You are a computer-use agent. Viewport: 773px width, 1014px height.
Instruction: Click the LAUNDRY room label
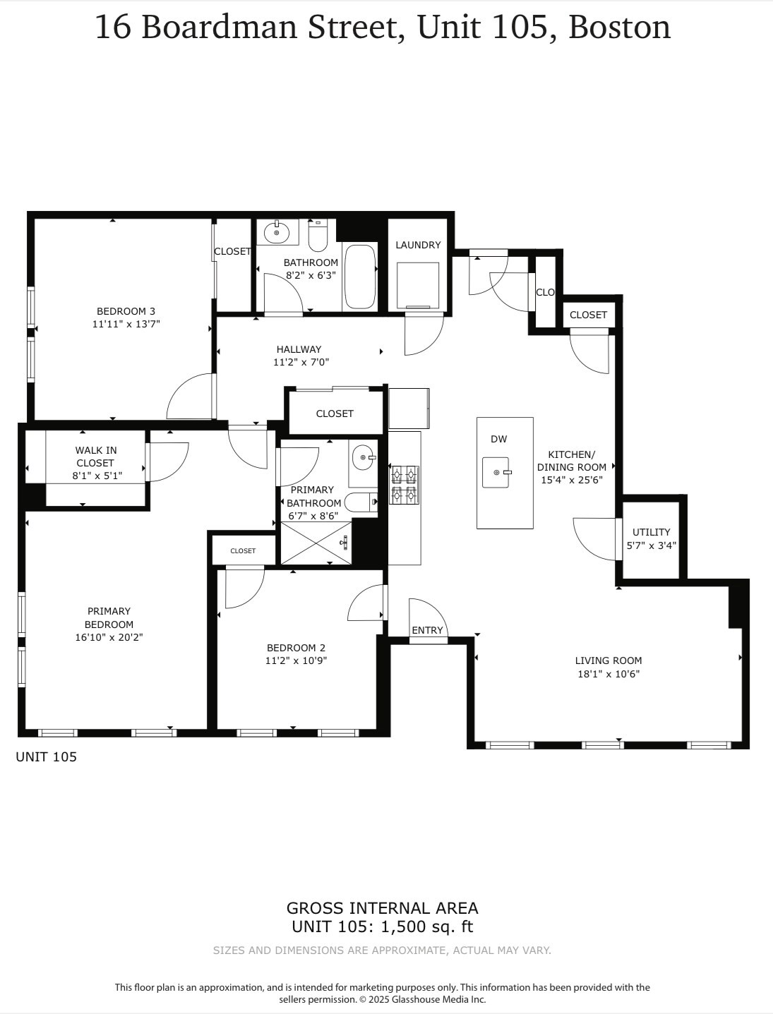point(418,245)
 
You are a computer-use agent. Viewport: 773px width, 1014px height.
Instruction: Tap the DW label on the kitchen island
point(499,439)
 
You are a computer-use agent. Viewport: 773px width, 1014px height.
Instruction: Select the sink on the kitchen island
point(496,472)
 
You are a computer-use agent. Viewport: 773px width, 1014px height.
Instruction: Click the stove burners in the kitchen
point(405,485)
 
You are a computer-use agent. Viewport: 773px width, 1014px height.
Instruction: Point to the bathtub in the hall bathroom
point(360,277)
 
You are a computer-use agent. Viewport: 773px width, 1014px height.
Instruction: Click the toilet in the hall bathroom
point(318,236)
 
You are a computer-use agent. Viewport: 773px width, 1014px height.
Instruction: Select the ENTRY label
point(427,630)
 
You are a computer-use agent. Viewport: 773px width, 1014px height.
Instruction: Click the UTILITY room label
point(651,532)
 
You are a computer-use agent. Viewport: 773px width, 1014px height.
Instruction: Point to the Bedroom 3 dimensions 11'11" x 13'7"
point(126,325)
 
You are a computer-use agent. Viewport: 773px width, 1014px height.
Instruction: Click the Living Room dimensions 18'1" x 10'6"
point(609,674)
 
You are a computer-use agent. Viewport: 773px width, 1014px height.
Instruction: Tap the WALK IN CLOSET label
point(96,457)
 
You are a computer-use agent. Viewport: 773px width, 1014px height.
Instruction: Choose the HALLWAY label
point(299,349)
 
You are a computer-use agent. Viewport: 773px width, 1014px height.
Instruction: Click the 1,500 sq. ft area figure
point(427,927)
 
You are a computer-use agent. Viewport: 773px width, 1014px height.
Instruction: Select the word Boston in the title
point(619,28)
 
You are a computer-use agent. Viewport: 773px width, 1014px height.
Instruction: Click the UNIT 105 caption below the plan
point(46,757)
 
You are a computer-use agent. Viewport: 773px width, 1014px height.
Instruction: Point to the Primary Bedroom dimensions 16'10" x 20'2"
point(109,637)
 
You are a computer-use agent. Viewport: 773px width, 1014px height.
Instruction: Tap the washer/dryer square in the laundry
point(418,285)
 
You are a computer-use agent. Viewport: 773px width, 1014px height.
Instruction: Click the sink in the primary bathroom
point(364,458)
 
